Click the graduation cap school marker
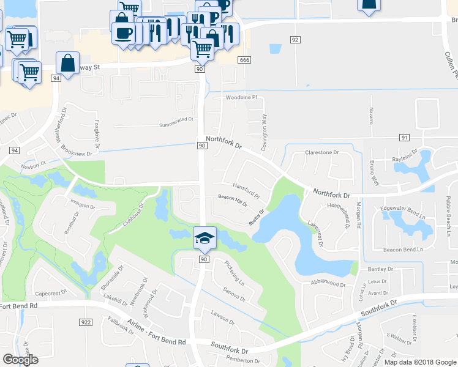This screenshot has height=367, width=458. (x=205, y=237)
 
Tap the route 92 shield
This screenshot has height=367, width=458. (x=295, y=40)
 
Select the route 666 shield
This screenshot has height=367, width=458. (x=245, y=59)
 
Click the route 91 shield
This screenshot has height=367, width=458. (x=404, y=138)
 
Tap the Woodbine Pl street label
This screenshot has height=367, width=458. (x=242, y=97)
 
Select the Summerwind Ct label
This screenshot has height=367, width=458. (x=176, y=120)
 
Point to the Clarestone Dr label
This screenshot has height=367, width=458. (x=321, y=152)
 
